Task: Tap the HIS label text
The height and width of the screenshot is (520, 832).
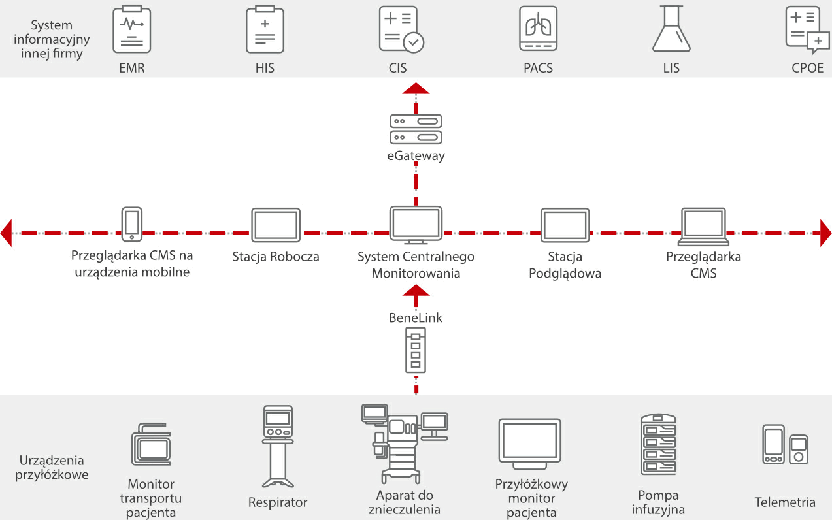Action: [265, 67]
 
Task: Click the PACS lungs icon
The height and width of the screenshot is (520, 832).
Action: [539, 29]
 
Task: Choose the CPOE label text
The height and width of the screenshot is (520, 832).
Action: [807, 67]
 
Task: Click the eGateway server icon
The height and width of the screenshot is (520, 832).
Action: [416, 129]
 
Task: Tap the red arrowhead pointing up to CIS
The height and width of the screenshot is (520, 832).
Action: [416, 89]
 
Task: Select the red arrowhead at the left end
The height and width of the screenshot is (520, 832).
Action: [7, 233]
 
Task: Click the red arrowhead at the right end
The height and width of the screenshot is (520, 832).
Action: [825, 233]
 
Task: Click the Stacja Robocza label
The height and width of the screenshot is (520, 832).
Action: [276, 257]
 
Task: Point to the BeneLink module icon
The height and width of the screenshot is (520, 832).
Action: [416, 350]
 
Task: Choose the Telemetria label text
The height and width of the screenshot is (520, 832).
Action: [785, 502]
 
